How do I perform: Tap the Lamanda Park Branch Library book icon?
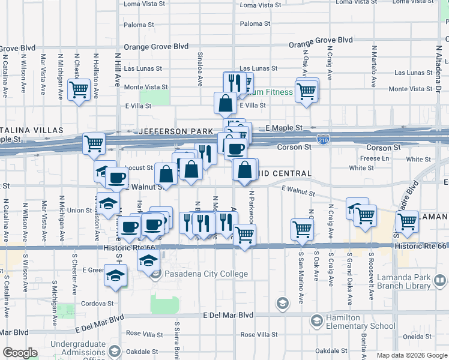pos(439,281)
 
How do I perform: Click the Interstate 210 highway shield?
pos(323,139)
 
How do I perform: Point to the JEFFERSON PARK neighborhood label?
pos(176,131)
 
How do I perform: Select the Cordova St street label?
pos(98,304)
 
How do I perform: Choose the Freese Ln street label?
pos(375,158)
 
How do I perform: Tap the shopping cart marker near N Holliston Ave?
pos(79,91)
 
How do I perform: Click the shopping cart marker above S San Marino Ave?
pos(302,229)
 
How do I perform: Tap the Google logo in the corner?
pos(20,353)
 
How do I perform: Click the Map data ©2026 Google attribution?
pos(411,355)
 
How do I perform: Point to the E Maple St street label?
pos(283,128)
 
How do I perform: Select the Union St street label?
pos(79,211)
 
